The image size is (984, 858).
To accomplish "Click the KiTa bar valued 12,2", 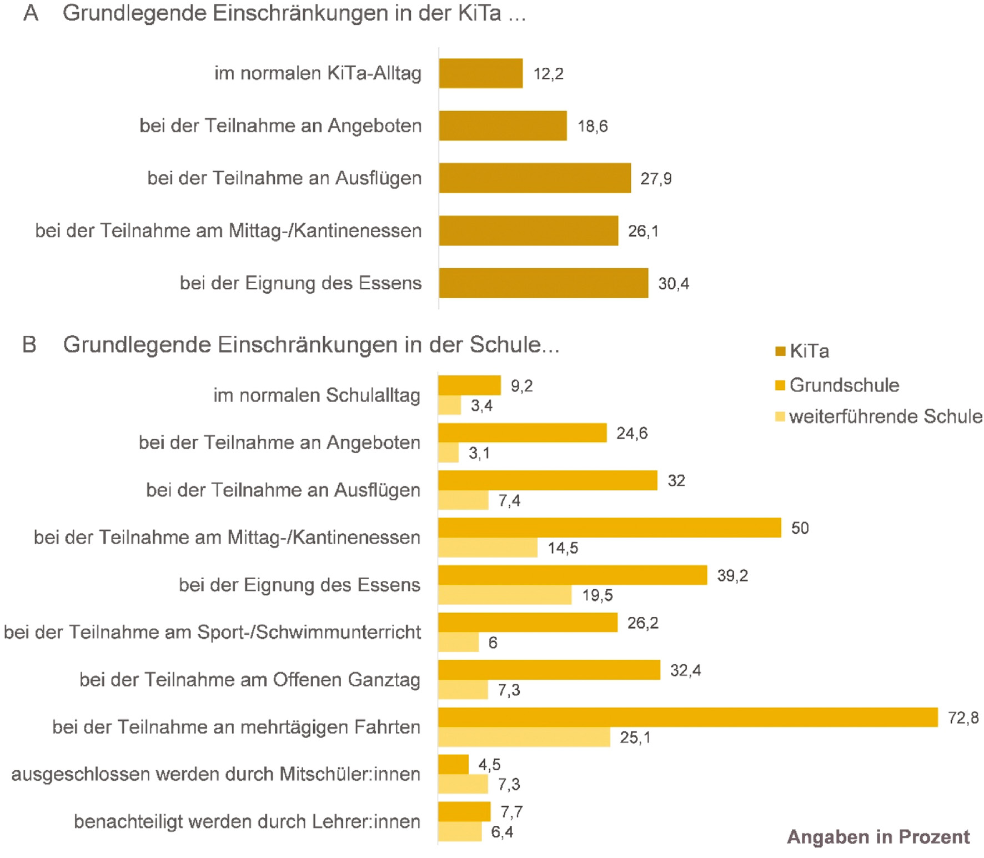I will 480,73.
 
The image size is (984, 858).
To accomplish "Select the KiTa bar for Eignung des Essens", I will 543,283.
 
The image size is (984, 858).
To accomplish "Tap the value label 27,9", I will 656,179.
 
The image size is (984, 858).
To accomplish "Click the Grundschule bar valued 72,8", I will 687,717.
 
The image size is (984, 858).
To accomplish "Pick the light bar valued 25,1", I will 524,737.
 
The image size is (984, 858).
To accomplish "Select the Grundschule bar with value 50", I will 609,528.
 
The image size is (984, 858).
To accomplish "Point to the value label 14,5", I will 563,548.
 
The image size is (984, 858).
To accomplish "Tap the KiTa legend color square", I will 780,352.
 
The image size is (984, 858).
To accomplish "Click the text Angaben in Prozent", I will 878,837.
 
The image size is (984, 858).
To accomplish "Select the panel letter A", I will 31,13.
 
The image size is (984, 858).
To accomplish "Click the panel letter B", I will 29,345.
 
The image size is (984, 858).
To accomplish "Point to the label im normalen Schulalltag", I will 317,395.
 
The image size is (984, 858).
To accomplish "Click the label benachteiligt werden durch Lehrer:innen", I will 247,821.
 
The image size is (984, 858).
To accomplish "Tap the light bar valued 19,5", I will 504,595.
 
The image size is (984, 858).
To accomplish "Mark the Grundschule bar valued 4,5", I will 453,765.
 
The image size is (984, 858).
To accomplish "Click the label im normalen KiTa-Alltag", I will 318,73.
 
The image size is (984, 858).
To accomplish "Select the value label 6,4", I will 502,832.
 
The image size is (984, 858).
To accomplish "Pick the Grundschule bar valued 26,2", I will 528,623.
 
